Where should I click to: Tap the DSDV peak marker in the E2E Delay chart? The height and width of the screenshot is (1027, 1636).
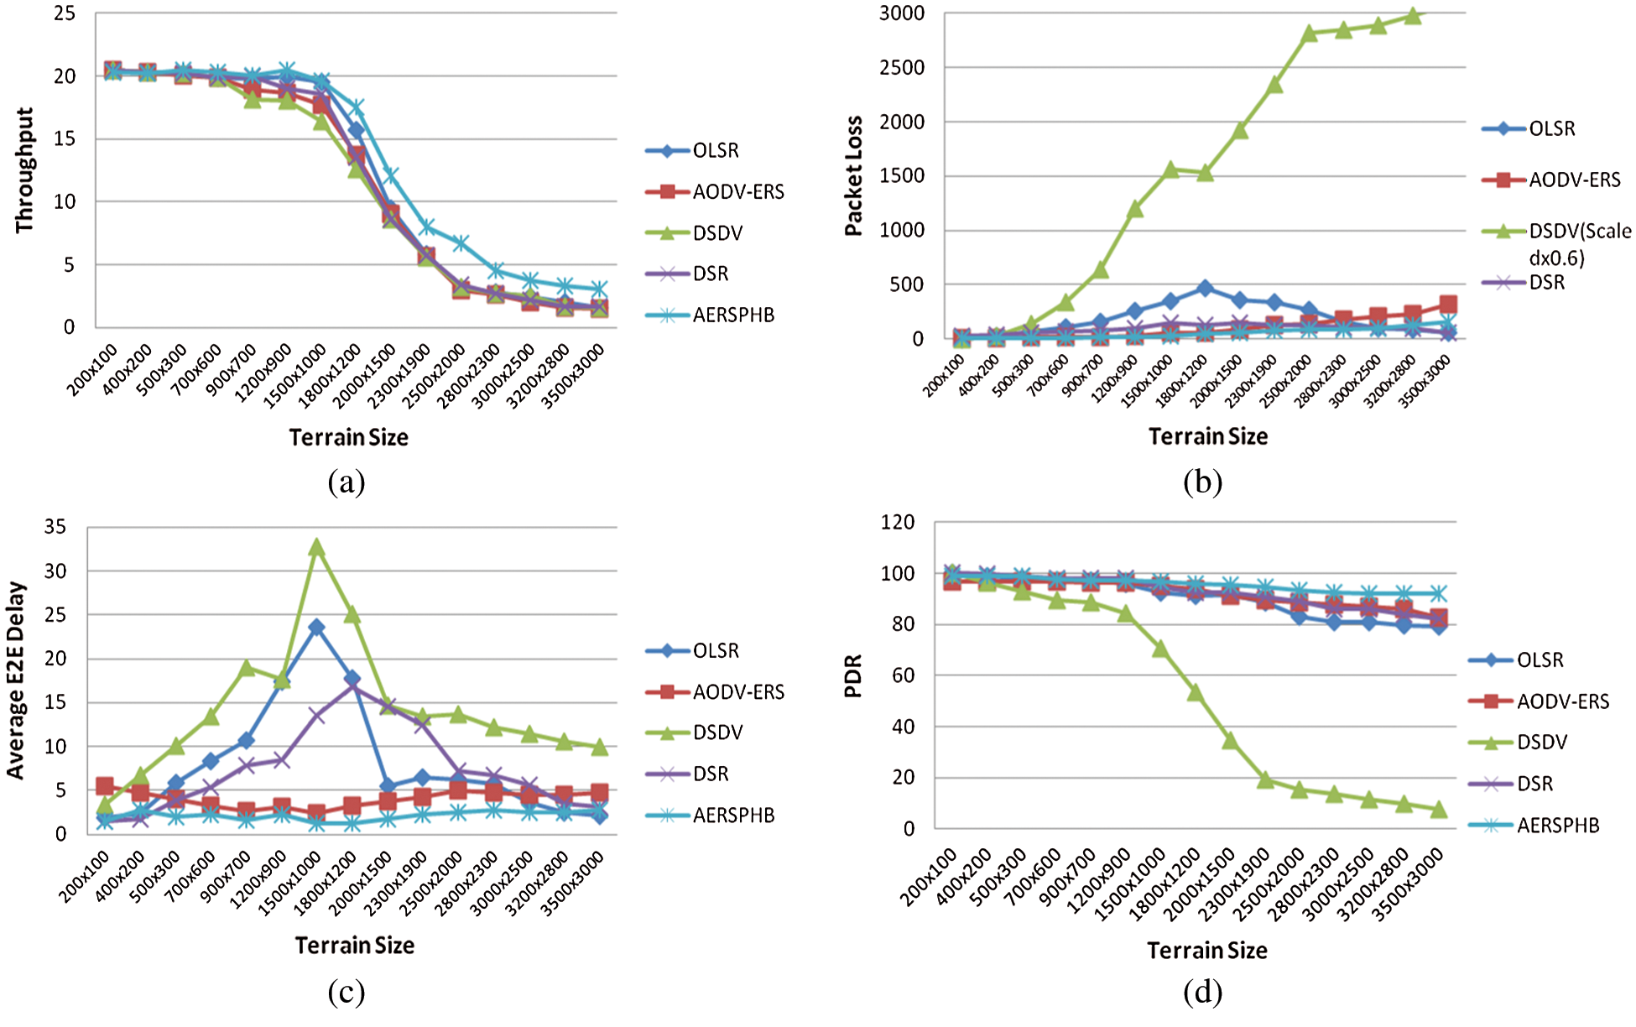coord(316,548)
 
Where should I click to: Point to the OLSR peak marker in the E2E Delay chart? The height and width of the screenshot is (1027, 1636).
coord(316,627)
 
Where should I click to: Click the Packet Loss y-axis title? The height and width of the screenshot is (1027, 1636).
coord(853,175)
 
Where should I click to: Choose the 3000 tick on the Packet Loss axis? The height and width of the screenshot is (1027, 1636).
coord(902,13)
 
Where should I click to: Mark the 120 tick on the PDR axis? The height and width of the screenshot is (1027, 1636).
coord(898,522)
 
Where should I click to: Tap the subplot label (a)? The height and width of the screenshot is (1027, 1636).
coord(346,482)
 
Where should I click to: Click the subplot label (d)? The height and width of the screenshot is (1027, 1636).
coord(1202,993)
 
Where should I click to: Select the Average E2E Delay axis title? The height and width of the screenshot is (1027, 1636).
coord(16,680)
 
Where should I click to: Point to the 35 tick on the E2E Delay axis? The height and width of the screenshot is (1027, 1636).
coord(55,527)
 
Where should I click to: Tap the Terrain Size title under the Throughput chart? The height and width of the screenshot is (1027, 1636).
coord(348,437)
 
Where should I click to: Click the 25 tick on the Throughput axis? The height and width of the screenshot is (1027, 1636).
coord(65,13)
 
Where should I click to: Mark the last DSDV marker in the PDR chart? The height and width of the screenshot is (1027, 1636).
coord(1439,810)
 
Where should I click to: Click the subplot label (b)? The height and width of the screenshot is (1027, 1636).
coord(1202,482)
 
